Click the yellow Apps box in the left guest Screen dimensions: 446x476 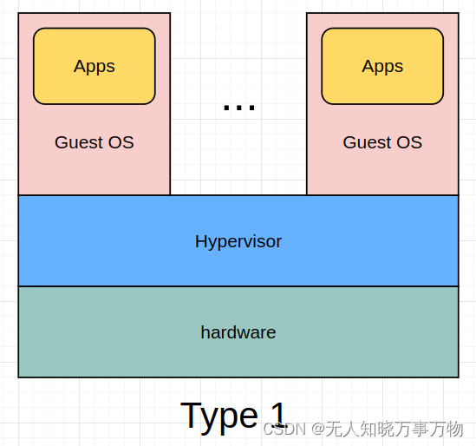click(94, 66)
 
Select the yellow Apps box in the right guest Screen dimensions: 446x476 click(382, 66)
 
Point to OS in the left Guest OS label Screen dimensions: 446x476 click(121, 142)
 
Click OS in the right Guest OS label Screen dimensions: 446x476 click(409, 142)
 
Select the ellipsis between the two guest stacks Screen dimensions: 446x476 click(239, 108)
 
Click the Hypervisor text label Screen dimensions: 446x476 click(238, 241)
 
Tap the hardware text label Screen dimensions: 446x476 click(238, 332)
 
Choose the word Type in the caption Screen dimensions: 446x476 click(218, 416)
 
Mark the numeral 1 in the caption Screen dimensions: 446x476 click(277, 414)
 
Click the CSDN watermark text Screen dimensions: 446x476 click(284, 429)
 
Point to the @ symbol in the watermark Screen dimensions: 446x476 click(318, 429)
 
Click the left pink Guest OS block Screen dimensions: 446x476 click(94, 174)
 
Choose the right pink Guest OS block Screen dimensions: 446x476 click(382, 174)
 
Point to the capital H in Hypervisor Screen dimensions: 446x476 click(201, 241)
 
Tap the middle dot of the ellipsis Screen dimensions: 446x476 click(239, 108)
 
